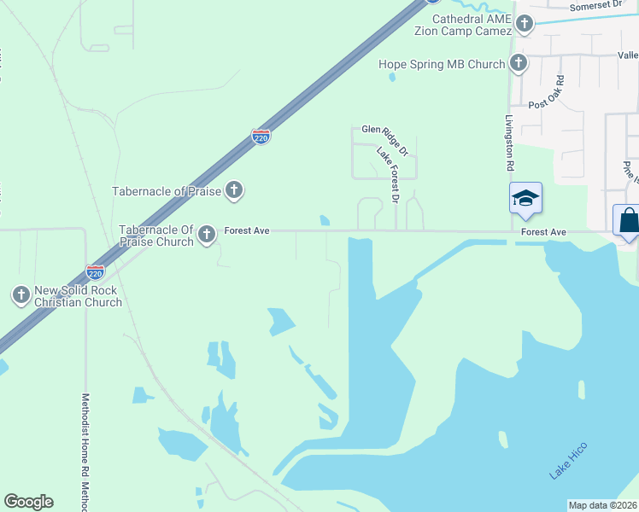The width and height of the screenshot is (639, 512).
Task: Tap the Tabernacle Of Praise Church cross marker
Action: coord(206,235)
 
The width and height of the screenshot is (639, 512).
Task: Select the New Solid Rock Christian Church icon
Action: coord(21,295)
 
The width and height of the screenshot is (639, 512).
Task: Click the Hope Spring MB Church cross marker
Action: coord(519,63)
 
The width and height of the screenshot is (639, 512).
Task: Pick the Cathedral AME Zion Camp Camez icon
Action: coord(524,24)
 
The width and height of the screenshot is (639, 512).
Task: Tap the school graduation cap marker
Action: coord(525,200)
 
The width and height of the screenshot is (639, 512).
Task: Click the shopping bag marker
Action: coord(628,220)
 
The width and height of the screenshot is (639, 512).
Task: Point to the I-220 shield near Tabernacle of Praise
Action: coord(261,136)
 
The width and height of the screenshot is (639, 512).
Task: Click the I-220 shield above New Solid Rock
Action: coord(96,271)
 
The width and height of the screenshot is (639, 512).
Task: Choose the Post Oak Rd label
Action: coord(546,92)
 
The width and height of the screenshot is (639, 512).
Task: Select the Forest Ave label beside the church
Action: coord(247,230)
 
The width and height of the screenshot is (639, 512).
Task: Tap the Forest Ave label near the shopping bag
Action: coord(543,231)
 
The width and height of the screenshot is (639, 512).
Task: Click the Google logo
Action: coord(28,502)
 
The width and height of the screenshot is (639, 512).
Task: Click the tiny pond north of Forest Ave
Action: coord(325,220)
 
